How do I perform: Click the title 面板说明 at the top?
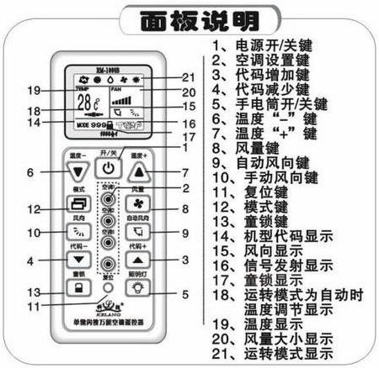tap(189, 18)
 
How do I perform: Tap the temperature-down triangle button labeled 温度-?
tap(78, 172)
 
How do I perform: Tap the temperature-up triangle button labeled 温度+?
tap(141, 172)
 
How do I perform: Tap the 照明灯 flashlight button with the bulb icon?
tap(140, 291)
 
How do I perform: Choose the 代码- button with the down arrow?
tap(78, 260)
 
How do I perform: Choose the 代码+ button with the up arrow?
tap(140, 260)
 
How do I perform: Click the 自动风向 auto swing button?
tap(140, 233)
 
